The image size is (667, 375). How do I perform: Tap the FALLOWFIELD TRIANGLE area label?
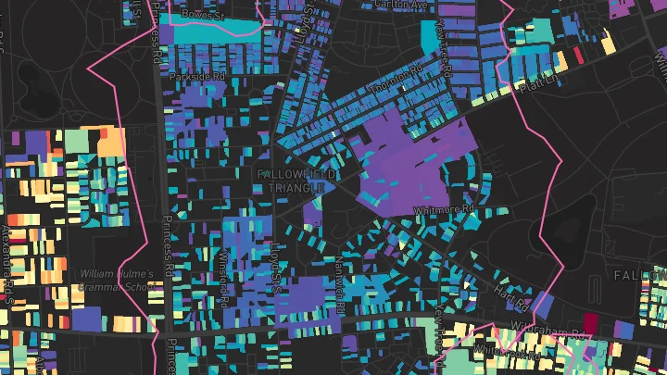pos(292,181)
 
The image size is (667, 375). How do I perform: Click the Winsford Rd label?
pos(223,278)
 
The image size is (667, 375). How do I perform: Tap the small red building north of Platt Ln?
pos(578,56)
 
